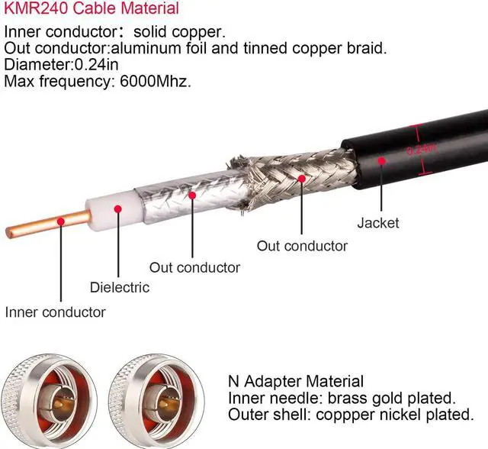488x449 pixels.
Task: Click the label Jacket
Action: click(377, 223)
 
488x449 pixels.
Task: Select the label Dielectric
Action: click(119, 288)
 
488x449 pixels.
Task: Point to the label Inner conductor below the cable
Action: click(55, 312)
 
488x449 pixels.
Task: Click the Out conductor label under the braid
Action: click(301, 246)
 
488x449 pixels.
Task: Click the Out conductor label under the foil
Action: click(194, 267)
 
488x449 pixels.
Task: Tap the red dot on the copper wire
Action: click(59, 223)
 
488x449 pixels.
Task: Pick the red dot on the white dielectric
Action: click(118, 208)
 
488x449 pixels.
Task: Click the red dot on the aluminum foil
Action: click(193, 196)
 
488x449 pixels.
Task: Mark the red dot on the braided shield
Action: click(302, 178)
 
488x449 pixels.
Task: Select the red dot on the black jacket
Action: click(380, 161)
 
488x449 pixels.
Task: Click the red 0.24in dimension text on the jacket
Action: click(422, 150)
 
